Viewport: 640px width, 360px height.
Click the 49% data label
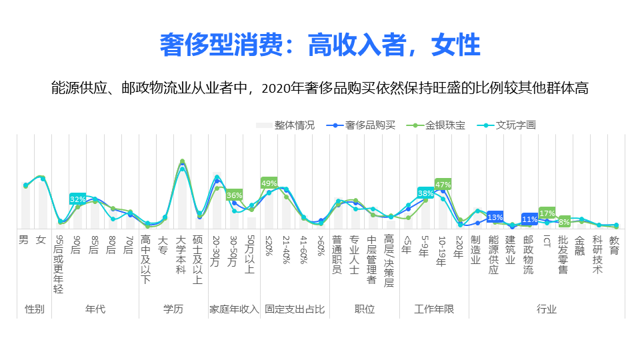(269, 183)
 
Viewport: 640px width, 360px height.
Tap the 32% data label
(77, 199)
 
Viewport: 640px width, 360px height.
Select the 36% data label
(234, 195)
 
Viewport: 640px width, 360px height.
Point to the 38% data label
(425, 193)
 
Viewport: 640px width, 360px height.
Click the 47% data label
(443, 184)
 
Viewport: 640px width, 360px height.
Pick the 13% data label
(495, 217)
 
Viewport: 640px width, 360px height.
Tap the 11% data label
(529, 219)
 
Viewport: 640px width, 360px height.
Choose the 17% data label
(547, 213)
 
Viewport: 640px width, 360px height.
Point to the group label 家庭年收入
(234, 309)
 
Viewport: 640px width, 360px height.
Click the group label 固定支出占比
(295, 309)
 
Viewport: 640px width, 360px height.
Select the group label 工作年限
(434, 309)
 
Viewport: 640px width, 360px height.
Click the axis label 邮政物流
(529, 254)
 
